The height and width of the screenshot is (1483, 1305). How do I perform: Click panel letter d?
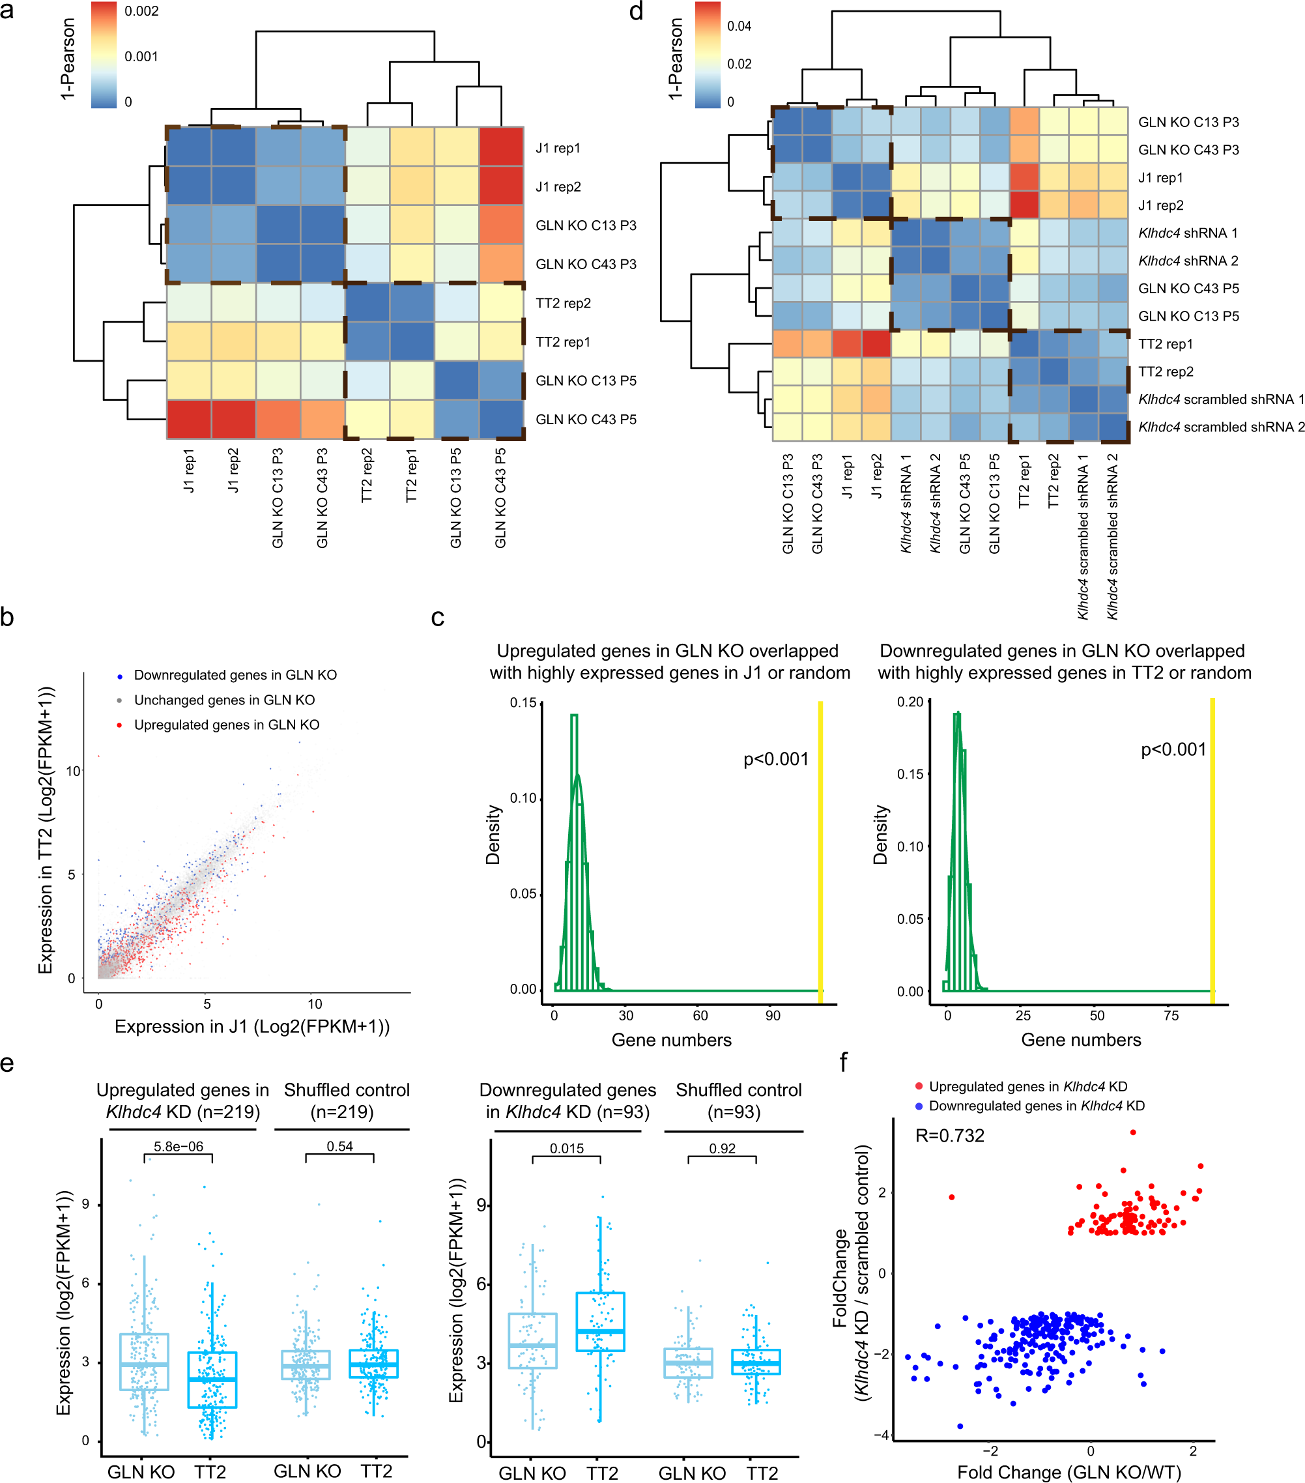coord(635,12)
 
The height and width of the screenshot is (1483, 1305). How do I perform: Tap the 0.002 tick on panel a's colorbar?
coord(141,12)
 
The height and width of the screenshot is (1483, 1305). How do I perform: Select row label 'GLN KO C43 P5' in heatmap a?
coord(586,420)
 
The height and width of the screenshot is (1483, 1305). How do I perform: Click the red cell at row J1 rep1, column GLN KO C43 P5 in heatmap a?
coord(500,147)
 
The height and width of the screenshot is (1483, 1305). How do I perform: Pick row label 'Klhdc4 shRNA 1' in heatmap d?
coord(1188,233)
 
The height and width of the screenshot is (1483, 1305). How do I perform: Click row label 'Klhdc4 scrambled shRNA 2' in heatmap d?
coord(1221,427)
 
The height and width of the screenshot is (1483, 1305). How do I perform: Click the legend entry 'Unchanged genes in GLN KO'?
coord(224,700)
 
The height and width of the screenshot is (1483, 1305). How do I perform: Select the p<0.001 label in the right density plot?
coord(1173,749)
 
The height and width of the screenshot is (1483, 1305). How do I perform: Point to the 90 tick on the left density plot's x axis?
coord(773,1016)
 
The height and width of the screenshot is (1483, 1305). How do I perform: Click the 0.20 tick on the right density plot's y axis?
coord(910,702)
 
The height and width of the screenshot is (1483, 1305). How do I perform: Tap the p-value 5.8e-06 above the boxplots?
coord(179,1146)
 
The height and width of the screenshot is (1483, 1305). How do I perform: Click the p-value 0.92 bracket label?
coord(722,1149)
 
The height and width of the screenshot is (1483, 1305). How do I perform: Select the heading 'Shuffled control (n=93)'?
coord(738,1101)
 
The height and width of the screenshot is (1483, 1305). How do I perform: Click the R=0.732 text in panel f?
coord(949,1136)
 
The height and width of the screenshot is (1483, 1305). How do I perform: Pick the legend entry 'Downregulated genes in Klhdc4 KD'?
coord(1036,1106)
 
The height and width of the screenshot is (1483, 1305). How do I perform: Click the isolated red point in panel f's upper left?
coord(951,1197)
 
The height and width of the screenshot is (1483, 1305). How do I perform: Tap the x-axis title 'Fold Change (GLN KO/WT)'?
coord(1068,1472)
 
